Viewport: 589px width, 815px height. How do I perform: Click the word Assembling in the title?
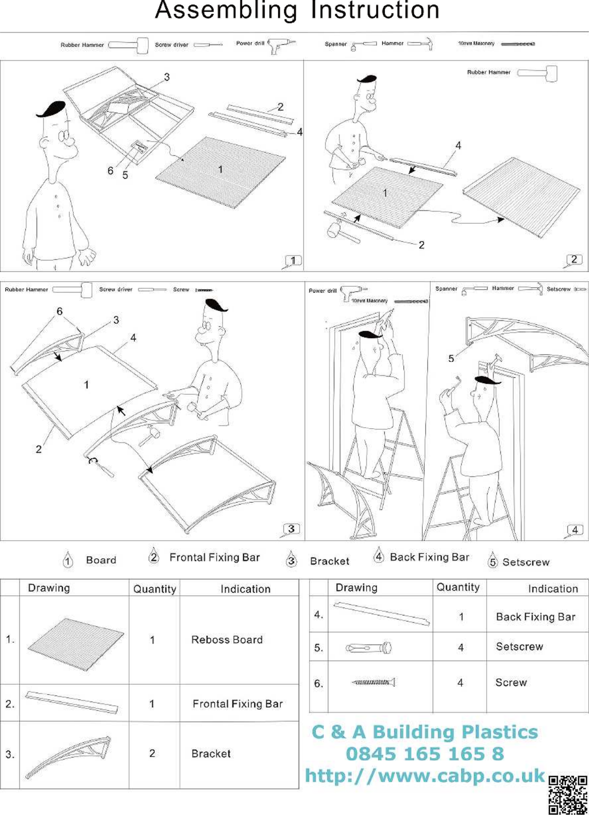click(226, 10)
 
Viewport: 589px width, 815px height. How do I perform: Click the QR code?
click(568, 794)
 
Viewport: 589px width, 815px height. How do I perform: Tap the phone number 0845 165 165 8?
click(425, 754)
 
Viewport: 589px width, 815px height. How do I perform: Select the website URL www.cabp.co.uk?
click(425, 775)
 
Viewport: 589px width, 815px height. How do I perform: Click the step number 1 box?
click(293, 260)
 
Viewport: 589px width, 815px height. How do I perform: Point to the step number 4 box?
click(575, 530)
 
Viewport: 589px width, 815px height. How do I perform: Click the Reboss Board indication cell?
click(227, 640)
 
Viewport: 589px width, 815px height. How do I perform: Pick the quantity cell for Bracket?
click(152, 753)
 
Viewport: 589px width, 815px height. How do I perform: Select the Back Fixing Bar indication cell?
click(536, 617)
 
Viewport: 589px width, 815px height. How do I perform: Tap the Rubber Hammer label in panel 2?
click(489, 72)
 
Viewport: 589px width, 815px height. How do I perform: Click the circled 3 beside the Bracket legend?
click(292, 560)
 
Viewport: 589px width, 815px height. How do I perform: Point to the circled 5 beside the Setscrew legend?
click(493, 561)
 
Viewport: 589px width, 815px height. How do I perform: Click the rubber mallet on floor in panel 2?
click(335, 231)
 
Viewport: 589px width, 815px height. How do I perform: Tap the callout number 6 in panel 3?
click(59, 311)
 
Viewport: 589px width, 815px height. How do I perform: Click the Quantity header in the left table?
click(154, 589)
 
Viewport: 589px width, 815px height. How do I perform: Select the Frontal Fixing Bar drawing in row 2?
click(72, 702)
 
